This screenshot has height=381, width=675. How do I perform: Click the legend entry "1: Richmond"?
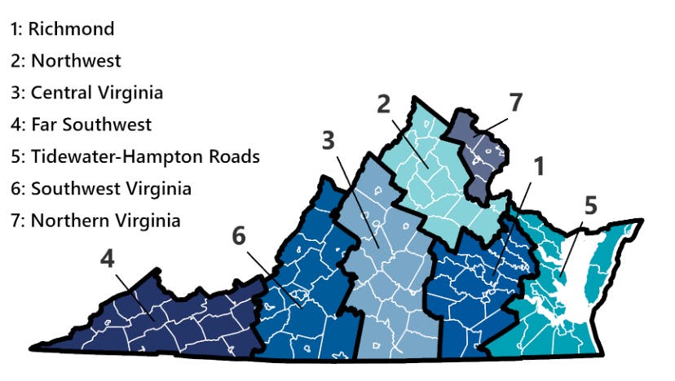pos(62,29)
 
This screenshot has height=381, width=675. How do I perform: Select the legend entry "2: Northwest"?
pos(65,60)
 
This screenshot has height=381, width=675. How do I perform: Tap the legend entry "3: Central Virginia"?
pos(86,92)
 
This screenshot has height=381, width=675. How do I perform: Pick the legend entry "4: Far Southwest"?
pos(81,125)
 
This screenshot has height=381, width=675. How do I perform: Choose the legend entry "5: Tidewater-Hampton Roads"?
pos(135,156)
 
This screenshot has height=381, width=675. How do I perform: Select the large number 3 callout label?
pos(328,140)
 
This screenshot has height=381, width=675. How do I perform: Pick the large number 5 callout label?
pos(591,205)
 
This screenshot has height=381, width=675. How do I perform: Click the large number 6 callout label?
pos(238,235)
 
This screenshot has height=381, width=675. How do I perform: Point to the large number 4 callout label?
pos(108,259)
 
